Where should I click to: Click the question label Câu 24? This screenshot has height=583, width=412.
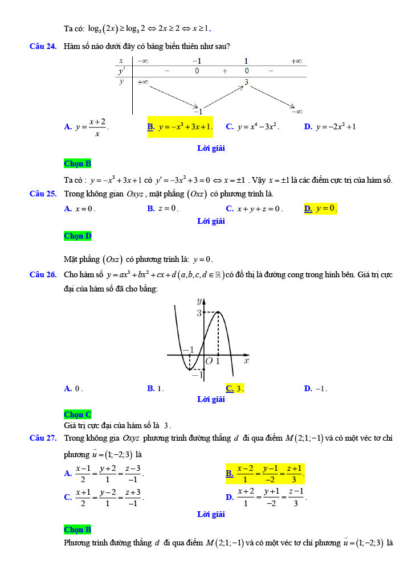point(43,46)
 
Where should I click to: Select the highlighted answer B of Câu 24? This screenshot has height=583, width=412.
point(180,126)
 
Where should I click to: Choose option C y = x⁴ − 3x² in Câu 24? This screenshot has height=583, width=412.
point(252,126)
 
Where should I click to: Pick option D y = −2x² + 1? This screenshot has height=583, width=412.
point(330,126)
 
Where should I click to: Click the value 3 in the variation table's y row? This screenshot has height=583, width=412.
point(246,83)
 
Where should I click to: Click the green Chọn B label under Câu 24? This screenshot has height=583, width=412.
point(77,163)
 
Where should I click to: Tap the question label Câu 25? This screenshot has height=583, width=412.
point(43,194)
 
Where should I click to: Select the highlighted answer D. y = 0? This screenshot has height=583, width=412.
point(320,208)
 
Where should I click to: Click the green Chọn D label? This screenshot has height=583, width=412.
point(77,236)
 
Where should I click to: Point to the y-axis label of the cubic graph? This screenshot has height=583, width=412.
point(199,300)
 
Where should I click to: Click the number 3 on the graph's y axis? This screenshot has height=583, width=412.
point(199,312)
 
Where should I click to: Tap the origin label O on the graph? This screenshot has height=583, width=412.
point(209,362)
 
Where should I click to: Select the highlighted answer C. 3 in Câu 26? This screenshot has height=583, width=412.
point(234,388)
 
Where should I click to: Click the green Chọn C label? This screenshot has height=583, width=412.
point(77,414)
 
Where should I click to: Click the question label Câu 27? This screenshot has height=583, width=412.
point(43,438)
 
